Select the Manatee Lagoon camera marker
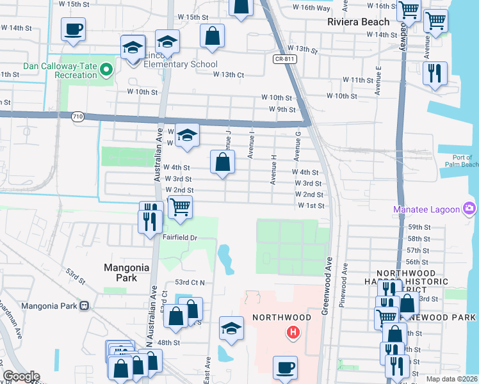[469, 208]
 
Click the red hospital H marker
[293, 332]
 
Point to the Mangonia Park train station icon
[84, 305]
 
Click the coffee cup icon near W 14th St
[73, 29]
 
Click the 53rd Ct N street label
[189, 282]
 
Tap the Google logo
[20, 376]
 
